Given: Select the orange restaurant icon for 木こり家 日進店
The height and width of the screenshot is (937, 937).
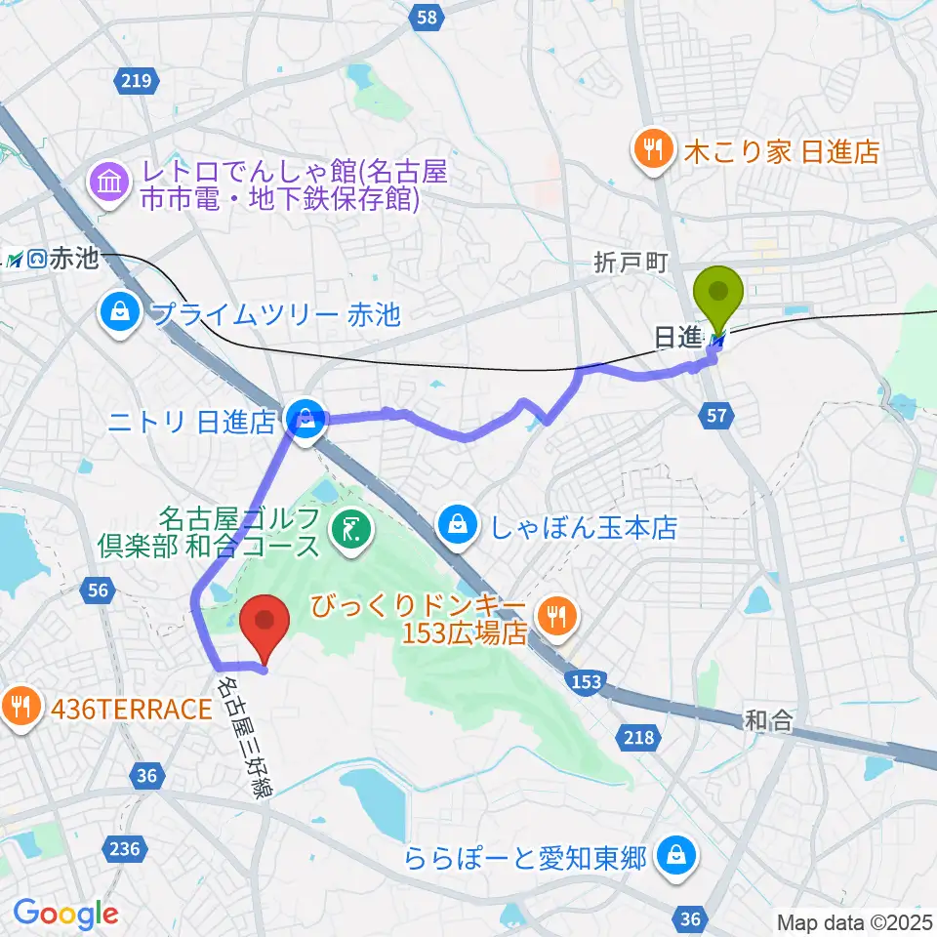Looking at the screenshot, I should click(x=650, y=150).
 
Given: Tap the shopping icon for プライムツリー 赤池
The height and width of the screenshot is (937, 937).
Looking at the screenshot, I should click(x=118, y=314).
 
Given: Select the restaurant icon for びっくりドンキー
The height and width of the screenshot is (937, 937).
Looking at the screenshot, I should click(x=557, y=615).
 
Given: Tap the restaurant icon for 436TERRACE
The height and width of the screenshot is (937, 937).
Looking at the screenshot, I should click(x=20, y=708).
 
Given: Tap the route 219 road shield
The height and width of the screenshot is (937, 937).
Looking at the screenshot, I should click(x=136, y=81).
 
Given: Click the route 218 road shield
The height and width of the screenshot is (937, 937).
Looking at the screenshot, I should click(x=640, y=738).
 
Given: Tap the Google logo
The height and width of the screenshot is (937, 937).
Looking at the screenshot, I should click(x=65, y=914).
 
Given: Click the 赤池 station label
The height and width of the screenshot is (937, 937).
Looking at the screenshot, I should click(x=74, y=259).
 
